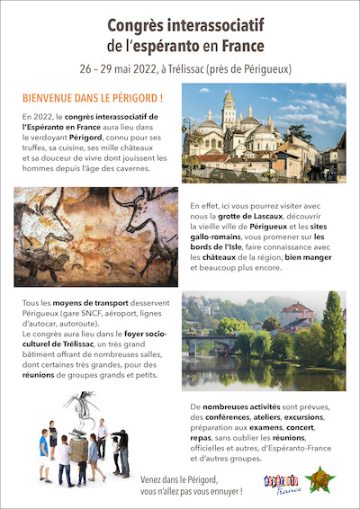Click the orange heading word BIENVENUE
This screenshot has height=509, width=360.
coord(49,96)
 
